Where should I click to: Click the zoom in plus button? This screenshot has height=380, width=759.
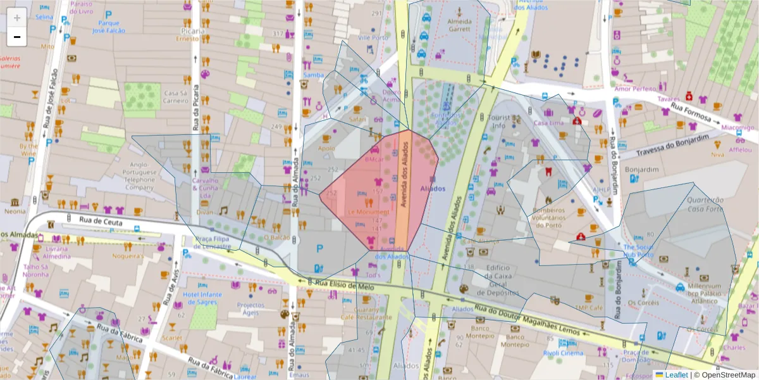tap(17, 18)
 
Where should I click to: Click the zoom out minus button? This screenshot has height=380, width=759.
tap(17, 37)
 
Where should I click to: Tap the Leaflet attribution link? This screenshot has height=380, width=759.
tap(676, 374)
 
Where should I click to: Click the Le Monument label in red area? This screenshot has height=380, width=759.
tap(367, 212)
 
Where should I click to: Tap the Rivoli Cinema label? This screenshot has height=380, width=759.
tap(564, 353)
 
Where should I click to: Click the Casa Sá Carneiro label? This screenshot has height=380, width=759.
tap(176, 96)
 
